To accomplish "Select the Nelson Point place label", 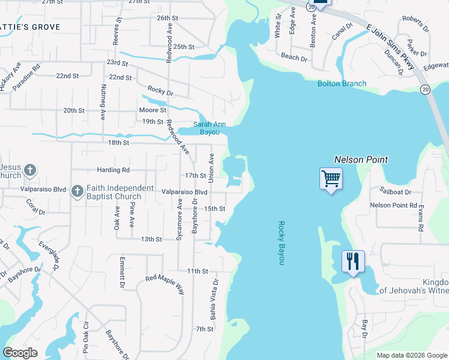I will tap(361, 160).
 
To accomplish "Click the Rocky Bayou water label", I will tap(280, 243).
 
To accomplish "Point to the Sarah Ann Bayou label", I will tap(209, 128).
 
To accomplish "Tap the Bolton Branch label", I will tap(342, 83).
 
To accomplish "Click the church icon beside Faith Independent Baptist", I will tap(77, 191).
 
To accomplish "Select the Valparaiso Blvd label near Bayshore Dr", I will tap(185, 192).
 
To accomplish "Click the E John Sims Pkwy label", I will tap(390, 46).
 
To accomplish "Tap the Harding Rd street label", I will tap(113, 170).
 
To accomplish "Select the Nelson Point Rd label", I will tap(393, 205).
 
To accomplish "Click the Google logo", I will tap(20, 353).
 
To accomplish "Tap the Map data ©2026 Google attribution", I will tap(411, 355).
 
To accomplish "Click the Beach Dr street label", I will tap(294, 58).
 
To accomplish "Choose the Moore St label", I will tap(152, 110).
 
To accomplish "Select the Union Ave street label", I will tap(211, 168).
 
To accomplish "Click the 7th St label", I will tap(204, 329).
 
